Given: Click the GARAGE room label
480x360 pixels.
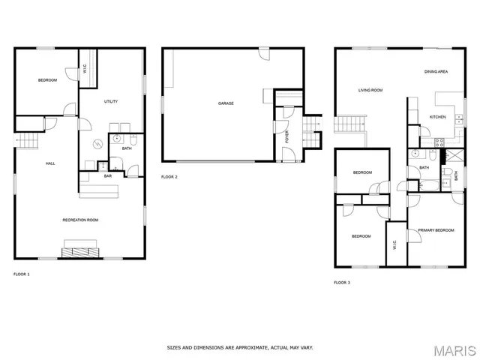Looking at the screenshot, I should tap(226, 103).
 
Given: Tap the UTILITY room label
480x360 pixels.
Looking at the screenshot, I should tap(110, 101).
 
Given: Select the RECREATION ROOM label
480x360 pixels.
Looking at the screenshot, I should tap(80, 220).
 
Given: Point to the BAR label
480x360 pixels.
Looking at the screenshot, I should tap(108, 176).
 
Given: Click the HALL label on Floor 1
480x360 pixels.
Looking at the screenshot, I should tap(50, 163).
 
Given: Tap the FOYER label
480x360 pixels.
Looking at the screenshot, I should tap(286, 136).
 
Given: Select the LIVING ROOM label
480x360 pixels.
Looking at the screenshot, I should tap(370, 90).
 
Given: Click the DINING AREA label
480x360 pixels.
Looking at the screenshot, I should tap(436, 71).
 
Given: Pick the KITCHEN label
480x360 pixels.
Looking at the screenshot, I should tap(437, 117).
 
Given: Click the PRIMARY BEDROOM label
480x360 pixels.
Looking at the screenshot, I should tap(436, 230).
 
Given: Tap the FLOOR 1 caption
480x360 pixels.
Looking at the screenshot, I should tap(22, 274).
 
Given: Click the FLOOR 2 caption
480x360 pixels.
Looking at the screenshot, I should tap(169, 177).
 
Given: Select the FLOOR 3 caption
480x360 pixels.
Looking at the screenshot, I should tap(341, 283).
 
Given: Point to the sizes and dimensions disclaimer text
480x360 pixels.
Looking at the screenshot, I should tap(240, 347).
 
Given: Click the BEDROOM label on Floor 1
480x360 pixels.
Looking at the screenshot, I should tap(47, 80).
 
